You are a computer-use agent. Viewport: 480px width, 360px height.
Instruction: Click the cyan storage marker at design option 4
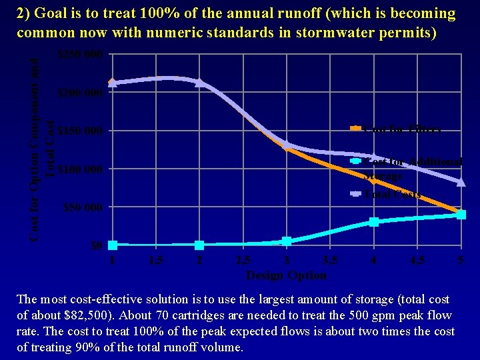(374, 222)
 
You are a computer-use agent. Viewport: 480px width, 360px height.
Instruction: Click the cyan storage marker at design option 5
(461, 215)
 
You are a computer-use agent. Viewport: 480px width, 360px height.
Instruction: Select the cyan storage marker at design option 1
(113, 245)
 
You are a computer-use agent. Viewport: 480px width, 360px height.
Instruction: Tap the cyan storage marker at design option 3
(287, 241)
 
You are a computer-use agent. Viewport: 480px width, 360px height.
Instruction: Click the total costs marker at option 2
(199, 82)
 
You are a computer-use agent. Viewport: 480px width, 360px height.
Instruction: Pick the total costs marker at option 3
(287, 145)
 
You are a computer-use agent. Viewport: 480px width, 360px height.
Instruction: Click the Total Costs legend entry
(393, 195)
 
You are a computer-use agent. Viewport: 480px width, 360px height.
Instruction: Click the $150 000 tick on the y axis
(80, 131)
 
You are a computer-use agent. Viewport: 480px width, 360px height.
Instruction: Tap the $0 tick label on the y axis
(97, 246)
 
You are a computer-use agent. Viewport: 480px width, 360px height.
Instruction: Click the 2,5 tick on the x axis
(243, 261)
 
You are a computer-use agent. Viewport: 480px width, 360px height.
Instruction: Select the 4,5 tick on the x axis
(417, 261)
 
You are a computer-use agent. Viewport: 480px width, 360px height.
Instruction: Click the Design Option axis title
(287, 275)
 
